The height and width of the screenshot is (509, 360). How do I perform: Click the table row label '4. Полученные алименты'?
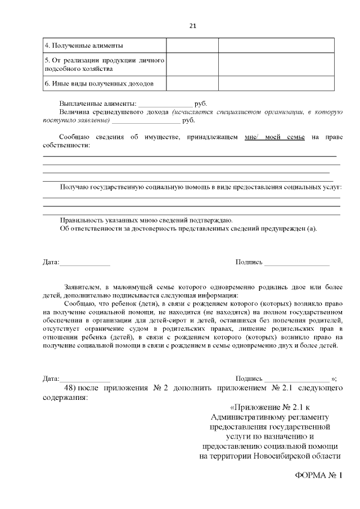coord(83,46)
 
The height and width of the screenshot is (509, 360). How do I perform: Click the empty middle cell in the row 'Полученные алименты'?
coord(192,46)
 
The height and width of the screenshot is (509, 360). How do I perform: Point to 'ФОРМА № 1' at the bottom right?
coord(318,475)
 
